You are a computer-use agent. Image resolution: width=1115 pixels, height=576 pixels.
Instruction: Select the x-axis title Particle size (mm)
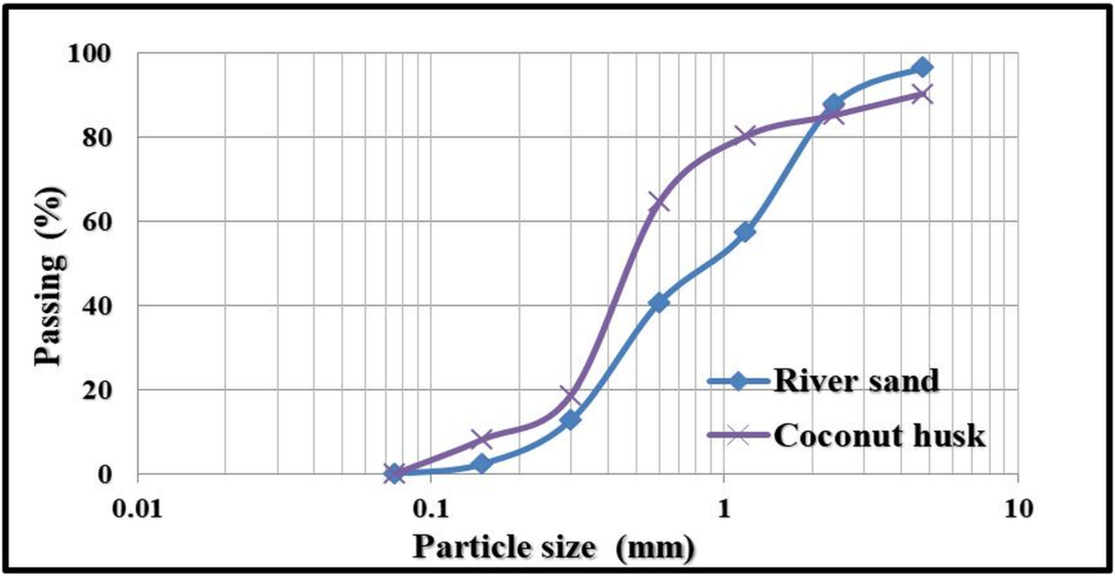click(553, 547)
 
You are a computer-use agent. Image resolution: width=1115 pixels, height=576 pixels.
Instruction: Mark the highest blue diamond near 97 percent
click(922, 68)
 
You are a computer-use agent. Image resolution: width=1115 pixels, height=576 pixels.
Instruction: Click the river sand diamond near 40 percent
click(659, 302)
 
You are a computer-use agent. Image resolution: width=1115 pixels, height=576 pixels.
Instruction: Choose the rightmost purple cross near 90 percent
click(922, 94)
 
